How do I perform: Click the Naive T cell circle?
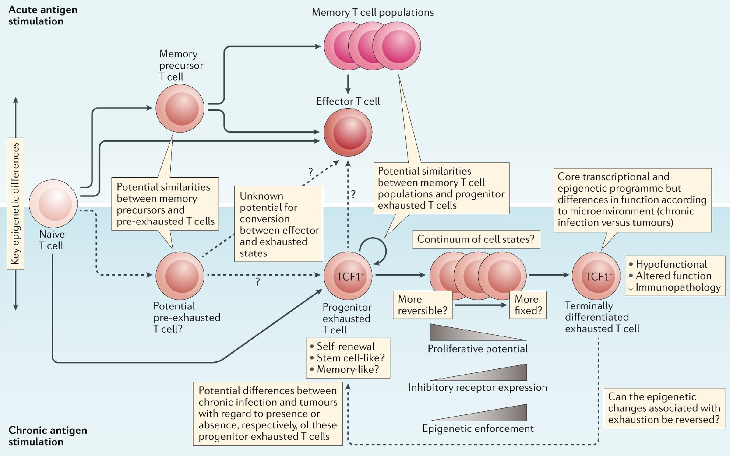[53, 204]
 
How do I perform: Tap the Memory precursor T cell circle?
[180, 108]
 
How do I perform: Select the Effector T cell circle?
[348, 132]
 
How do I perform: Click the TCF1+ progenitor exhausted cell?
[348, 276]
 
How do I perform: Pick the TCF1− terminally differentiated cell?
[596, 276]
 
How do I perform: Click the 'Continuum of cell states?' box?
[476, 239]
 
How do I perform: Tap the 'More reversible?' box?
[423, 305]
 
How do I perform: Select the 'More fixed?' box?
[528, 305]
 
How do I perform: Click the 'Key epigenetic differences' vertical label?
[16, 204]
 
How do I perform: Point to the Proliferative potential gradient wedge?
[478, 332]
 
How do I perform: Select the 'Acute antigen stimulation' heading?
[43, 15]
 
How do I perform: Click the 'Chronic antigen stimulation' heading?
[48, 436]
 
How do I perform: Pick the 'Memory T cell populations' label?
[373, 13]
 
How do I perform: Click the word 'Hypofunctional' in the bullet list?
[671, 264]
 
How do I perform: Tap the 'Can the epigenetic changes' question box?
[664, 408]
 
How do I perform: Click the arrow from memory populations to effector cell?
[348, 84]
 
